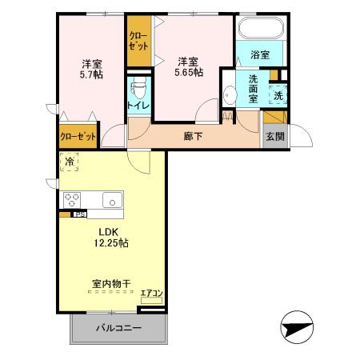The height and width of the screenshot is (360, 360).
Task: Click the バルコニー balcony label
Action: click(119, 329)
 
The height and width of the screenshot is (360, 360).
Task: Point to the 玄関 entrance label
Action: click(274, 136)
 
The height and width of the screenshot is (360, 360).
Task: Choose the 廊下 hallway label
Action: click(193, 136)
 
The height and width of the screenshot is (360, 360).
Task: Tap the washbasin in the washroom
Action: click(229, 95)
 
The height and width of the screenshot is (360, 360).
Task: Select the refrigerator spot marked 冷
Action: click(69, 162)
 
